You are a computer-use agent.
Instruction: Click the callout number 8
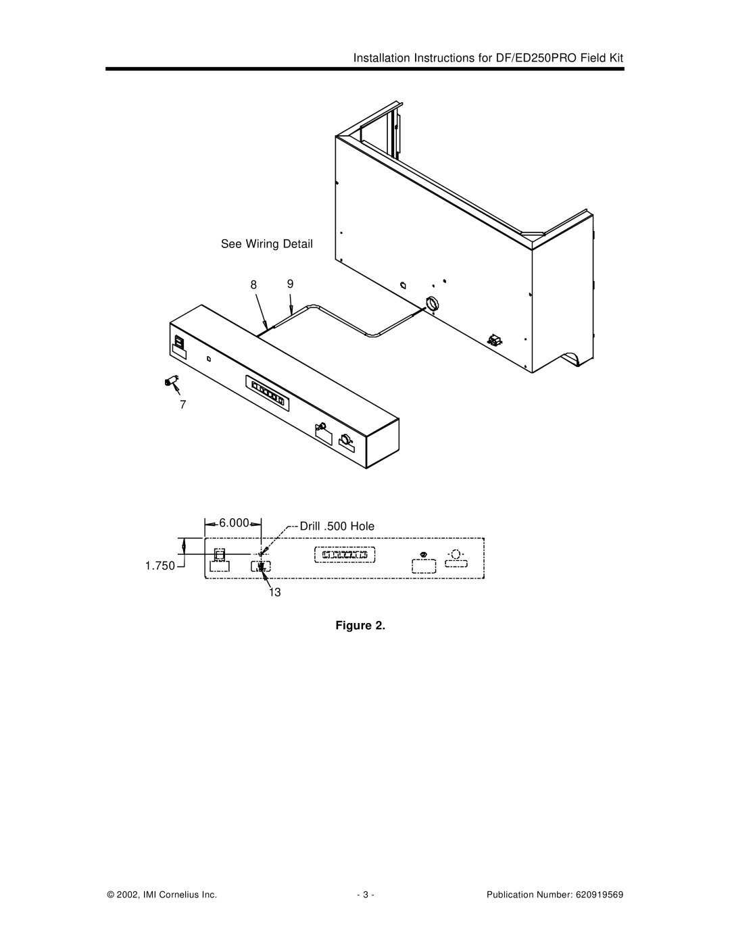point(253,285)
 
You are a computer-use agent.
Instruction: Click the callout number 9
point(290,284)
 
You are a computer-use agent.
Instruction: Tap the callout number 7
point(183,405)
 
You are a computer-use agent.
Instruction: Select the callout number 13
point(274,593)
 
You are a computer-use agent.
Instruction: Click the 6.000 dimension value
point(234,523)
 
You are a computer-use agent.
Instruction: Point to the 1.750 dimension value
point(160,566)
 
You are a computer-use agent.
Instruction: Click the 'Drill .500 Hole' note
point(337,526)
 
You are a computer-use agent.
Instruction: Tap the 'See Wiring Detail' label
point(267,244)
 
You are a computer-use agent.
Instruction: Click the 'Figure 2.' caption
point(360,626)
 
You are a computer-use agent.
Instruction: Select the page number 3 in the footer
point(366,895)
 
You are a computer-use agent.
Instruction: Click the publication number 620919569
point(600,895)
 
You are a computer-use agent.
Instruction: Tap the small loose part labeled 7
point(172,381)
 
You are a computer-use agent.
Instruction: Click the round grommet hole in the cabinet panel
point(433,304)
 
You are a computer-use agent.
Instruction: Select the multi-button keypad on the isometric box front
point(268,393)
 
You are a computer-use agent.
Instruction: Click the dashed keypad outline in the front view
point(345,555)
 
